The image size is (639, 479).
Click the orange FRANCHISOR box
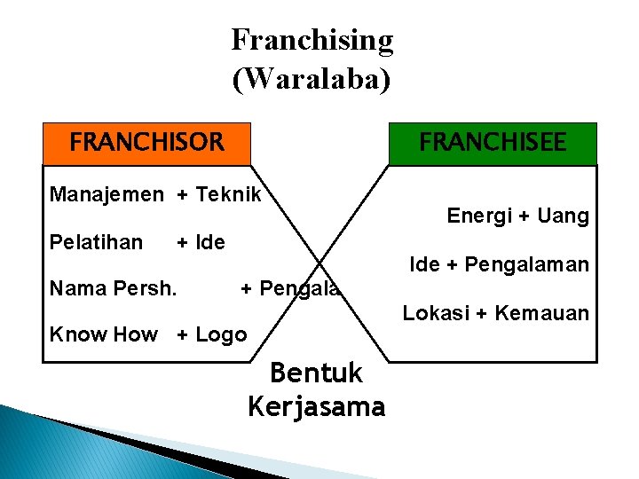coord(147,143)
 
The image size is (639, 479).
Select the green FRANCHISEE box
coord(493,143)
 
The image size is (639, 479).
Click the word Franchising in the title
coord(312,40)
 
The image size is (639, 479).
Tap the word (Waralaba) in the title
coord(311,78)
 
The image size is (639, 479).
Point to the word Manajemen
coord(106,194)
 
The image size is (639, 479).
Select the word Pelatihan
coord(96,242)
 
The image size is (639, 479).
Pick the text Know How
coord(103,334)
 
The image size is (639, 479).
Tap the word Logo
coord(221,334)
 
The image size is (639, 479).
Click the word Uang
coord(564,216)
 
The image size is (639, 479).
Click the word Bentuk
coord(316,373)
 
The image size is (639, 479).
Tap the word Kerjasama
coord(316,407)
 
